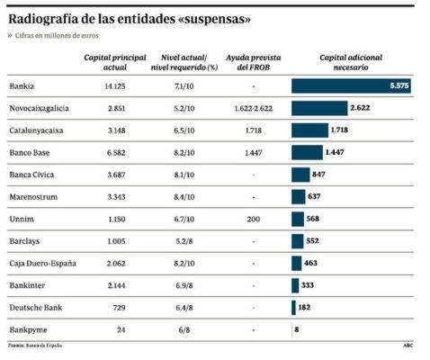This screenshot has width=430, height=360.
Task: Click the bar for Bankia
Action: click(x=352, y=86)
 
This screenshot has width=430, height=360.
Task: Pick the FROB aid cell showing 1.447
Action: click(x=253, y=153)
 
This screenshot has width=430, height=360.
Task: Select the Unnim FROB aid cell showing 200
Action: click(x=253, y=219)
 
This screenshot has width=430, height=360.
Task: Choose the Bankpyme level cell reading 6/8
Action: click(x=184, y=329)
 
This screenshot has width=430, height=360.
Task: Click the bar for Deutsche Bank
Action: click(x=293, y=308)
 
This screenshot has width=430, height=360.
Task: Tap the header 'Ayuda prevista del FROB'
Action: click(x=253, y=61)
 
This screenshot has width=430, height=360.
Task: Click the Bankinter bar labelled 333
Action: click(x=295, y=285)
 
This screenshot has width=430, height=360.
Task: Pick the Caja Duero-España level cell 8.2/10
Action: click(x=184, y=263)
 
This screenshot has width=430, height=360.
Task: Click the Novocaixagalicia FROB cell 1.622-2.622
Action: click(x=253, y=109)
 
